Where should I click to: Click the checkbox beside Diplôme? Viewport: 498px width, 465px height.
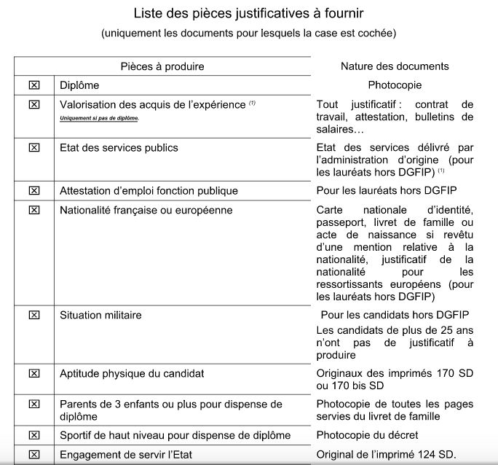coord(33,85)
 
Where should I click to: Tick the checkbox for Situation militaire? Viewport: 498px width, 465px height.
coord(33,316)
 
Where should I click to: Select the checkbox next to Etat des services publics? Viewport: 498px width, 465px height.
coord(33,148)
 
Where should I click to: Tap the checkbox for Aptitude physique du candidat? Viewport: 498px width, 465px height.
coord(33,374)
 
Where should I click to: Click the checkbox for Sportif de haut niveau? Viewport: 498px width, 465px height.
coord(33,435)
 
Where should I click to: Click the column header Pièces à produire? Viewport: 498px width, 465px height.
coord(162,66)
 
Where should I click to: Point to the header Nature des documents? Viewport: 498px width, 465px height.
coord(395,66)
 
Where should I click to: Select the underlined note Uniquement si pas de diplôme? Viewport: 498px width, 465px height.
coord(99,117)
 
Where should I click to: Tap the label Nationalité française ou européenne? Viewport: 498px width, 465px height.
coord(146,211)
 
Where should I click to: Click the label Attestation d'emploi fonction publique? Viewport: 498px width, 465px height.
coord(149,191)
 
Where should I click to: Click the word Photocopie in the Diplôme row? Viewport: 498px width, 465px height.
coord(395,85)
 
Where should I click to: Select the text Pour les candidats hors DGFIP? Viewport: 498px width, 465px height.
coord(395,316)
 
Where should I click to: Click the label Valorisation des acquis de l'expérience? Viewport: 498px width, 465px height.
coord(153,105)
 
